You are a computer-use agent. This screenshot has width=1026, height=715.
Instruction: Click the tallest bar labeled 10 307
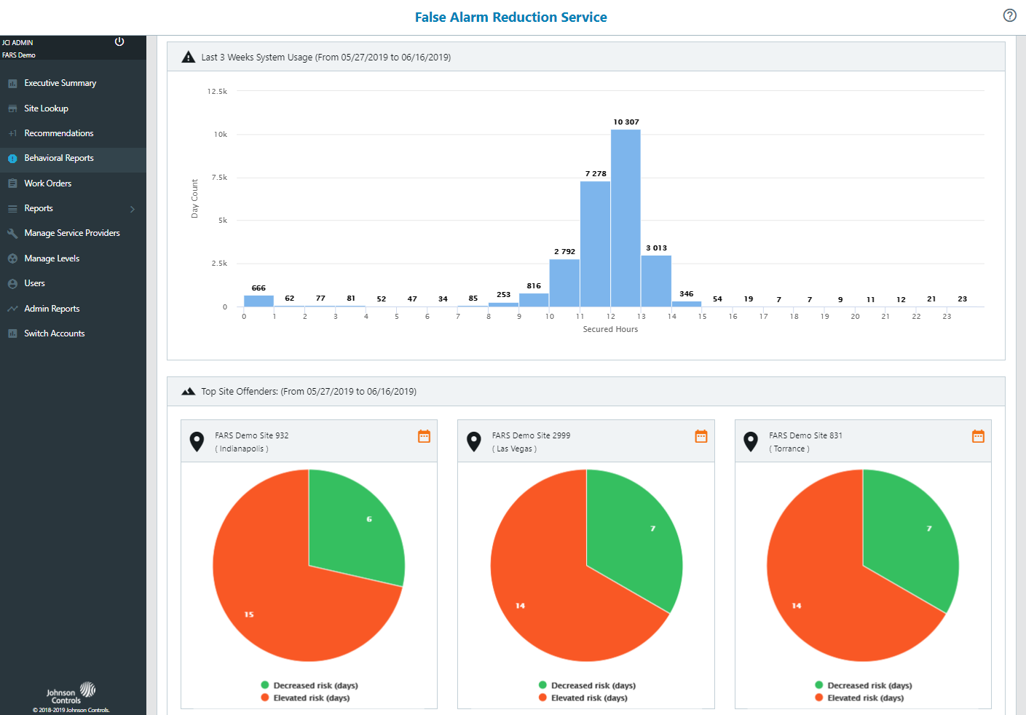pos(626,218)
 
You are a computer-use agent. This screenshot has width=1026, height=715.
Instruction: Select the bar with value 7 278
pos(595,244)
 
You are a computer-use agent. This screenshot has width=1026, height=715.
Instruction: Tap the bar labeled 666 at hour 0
pos(259,301)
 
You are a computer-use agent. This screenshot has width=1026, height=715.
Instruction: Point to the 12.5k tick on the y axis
pos(217,92)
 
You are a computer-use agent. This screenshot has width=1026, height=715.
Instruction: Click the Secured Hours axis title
pos(610,330)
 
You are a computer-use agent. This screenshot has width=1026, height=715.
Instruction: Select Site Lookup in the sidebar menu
pos(46,108)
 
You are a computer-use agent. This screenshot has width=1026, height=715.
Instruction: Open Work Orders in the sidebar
pos(47,183)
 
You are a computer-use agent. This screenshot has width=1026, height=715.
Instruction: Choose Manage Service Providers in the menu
pos(71,233)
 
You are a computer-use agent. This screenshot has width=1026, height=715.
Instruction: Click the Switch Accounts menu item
pos(54,333)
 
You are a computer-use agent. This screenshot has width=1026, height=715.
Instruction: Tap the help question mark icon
pos(1009,15)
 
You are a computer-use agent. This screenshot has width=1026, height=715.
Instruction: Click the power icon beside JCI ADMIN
pos(119,42)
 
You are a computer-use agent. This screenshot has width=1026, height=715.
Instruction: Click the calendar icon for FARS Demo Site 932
pos(424,436)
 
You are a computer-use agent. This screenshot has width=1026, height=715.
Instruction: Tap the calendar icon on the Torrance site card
pos(978,436)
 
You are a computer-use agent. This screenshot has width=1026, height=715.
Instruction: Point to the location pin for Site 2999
pos(474,441)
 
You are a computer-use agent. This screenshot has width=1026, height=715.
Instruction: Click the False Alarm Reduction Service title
pos(510,17)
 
